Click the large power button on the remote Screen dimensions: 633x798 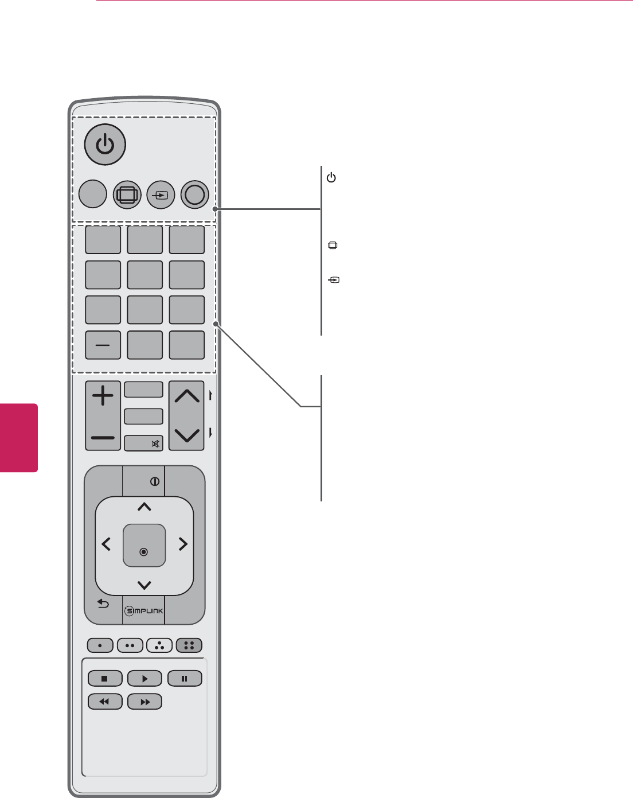[x=105, y=145]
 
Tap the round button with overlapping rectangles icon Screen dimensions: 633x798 [x=127, y=195]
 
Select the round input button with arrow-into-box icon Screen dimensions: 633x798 [x=161, y=195]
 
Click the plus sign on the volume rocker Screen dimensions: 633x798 [x=103, y=396]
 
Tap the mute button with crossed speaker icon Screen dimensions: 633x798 [x=144, y=443]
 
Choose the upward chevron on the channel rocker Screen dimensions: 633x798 [x=187, y=396]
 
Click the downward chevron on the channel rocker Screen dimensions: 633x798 [x=187, y=435]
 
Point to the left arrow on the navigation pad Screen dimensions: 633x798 [x=107, y=544]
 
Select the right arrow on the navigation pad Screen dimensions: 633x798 [x=183, y=544]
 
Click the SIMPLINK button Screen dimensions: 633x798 [x=144, y=611]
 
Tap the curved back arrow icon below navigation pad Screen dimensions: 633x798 [x=103, y=604]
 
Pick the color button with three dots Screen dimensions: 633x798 [x=159, y=645]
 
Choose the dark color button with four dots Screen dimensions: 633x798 [x=189, y=645]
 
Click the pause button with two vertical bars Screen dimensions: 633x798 [x=185, y=678]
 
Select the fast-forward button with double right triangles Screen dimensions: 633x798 [x=144, y=702]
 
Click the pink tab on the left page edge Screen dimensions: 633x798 [x=19, y=438]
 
